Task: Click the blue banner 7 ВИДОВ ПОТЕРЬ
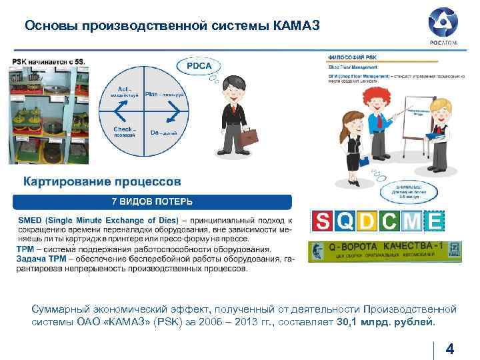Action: (x=153, y=201)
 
